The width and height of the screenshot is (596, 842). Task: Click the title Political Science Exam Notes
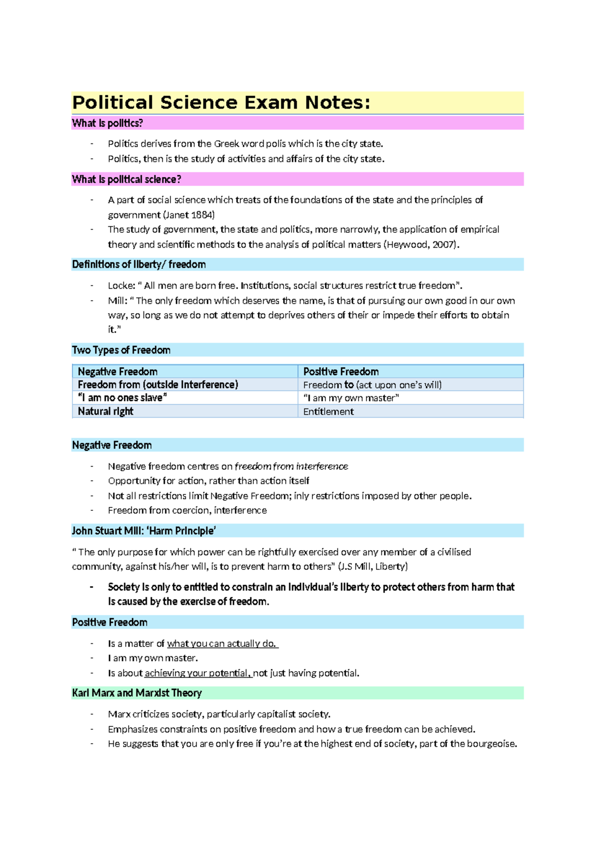tap(221, 103)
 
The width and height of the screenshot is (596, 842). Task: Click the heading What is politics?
tap(107, 123)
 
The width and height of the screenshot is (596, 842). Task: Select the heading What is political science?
tap(126, 179)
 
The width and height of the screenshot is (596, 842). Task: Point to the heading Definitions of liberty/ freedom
tap(139, 264)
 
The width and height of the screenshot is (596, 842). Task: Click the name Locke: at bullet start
tap(121, 285)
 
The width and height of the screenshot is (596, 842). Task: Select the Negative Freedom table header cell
tap(118, 371)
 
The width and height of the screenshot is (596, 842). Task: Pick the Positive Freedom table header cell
tap(341, 371)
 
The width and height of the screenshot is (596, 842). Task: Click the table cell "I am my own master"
tap(351, 398)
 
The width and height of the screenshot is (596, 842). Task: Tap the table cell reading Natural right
tap(105, 411)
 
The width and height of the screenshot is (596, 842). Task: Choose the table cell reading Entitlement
tap(328, 412)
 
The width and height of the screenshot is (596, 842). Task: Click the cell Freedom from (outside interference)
tap(158, 385)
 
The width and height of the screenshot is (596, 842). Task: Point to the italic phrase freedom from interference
tap(291, 466)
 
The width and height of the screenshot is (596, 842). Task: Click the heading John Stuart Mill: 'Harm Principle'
tap(144, 531)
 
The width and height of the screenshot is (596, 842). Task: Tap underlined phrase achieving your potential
tap(197, 673)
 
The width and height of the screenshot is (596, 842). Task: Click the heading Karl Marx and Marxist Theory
tap(137, 693)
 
